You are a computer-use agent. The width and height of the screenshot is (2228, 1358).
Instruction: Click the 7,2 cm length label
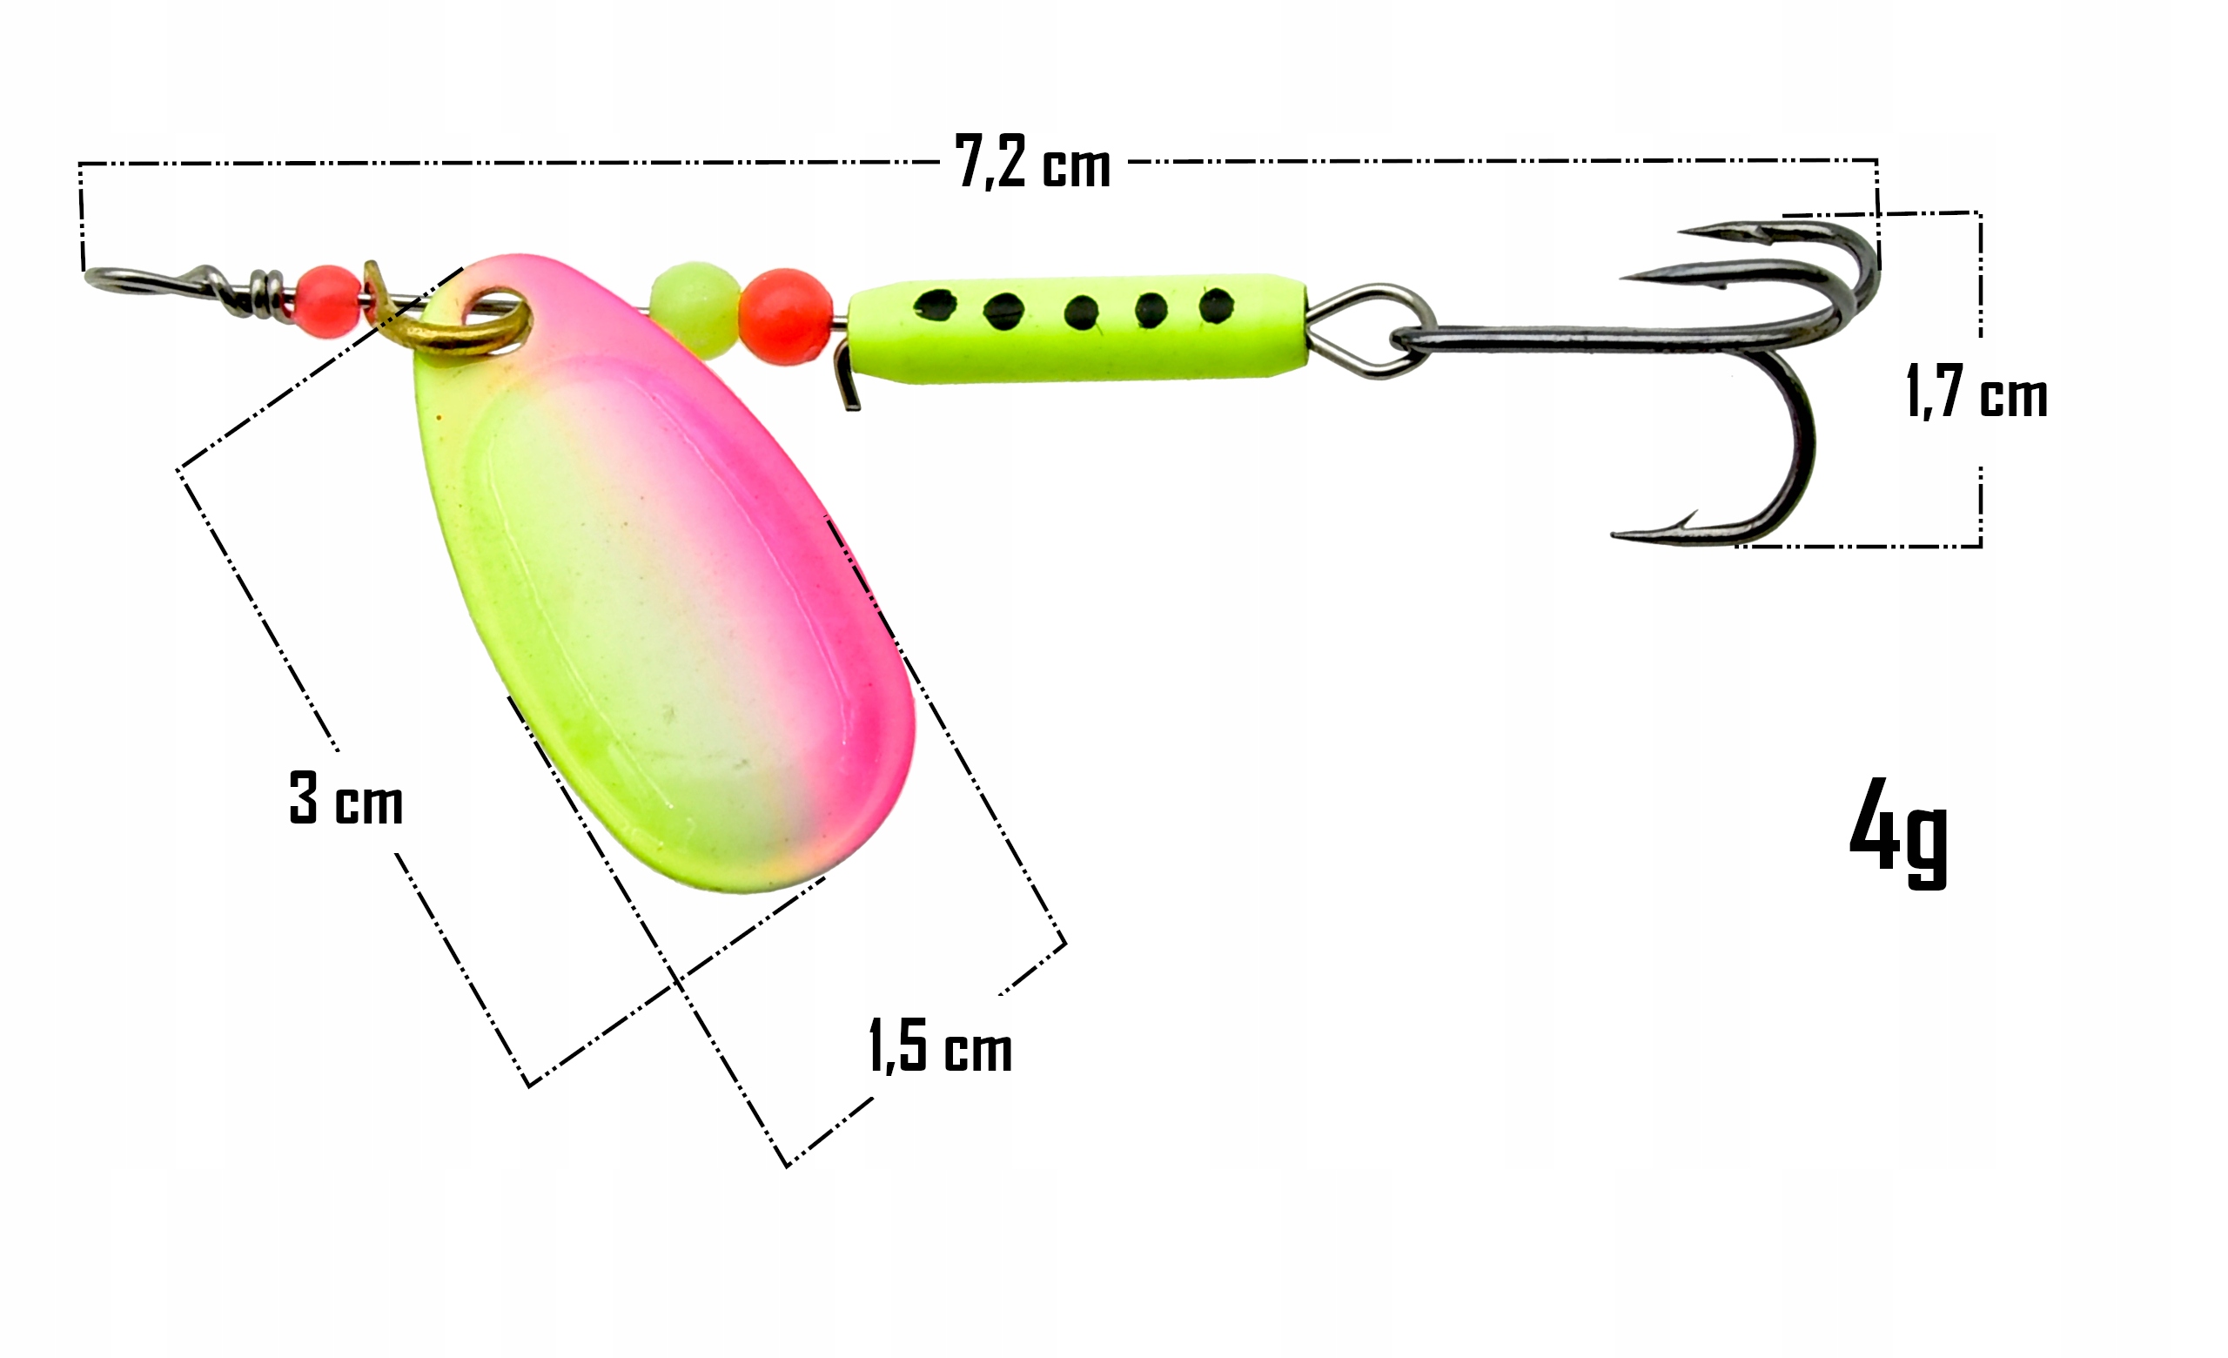(1032, 163)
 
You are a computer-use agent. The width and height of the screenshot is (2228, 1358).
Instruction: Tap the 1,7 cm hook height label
(1976, 392)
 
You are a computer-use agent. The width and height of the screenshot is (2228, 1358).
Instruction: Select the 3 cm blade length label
(346, 798)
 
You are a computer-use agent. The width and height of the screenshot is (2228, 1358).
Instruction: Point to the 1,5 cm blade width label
(941, 1045)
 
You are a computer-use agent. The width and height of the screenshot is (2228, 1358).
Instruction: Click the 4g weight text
(1899, 832)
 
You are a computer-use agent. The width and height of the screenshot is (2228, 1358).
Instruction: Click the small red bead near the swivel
(326, 302)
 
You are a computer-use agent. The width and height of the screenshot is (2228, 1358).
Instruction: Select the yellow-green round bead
(695, 310)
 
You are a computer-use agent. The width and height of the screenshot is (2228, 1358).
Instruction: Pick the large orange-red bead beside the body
(785, 317)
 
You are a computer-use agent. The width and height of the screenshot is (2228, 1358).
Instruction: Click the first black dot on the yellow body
(935, 305)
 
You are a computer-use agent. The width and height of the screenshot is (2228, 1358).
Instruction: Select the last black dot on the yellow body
(1215, 305)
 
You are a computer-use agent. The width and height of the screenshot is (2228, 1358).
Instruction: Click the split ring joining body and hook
(1370, 331)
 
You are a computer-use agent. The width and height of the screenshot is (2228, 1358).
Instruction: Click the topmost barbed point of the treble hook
(1680, 232)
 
